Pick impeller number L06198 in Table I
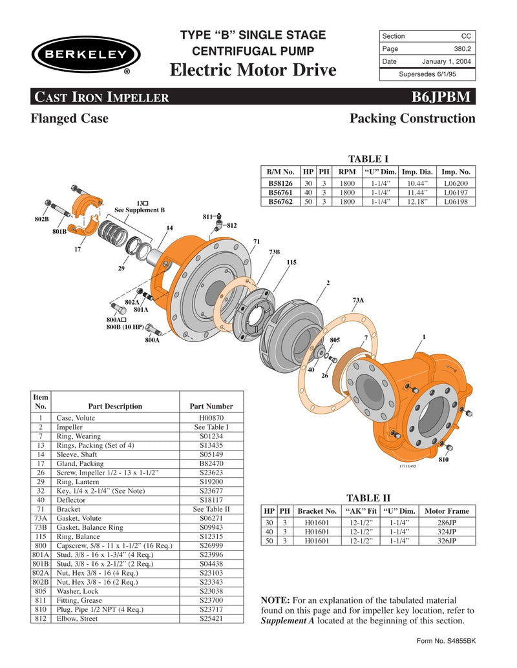pyautogui.click(x=457, y=201)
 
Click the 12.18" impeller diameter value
pyautogui.click(x=418, y=201)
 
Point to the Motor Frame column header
pyautogui.click(x=446, y=511)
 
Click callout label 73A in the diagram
pyautogui.click(x=357, y=300)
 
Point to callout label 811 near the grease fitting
pyautogui.click(x=208, y=218)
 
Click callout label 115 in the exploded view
pyautogui.click(x=291, y=262)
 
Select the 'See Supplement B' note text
pyautogui.click(x=140, y=210)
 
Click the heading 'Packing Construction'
pyautogui.click(x=412, y=119)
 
